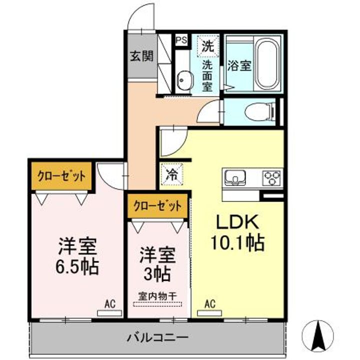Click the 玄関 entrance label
141,56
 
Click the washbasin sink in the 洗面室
184,79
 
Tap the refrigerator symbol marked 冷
171,175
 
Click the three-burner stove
271,176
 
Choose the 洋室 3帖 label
158,264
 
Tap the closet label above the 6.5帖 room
62,176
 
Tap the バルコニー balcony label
157,337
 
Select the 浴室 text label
238,65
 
